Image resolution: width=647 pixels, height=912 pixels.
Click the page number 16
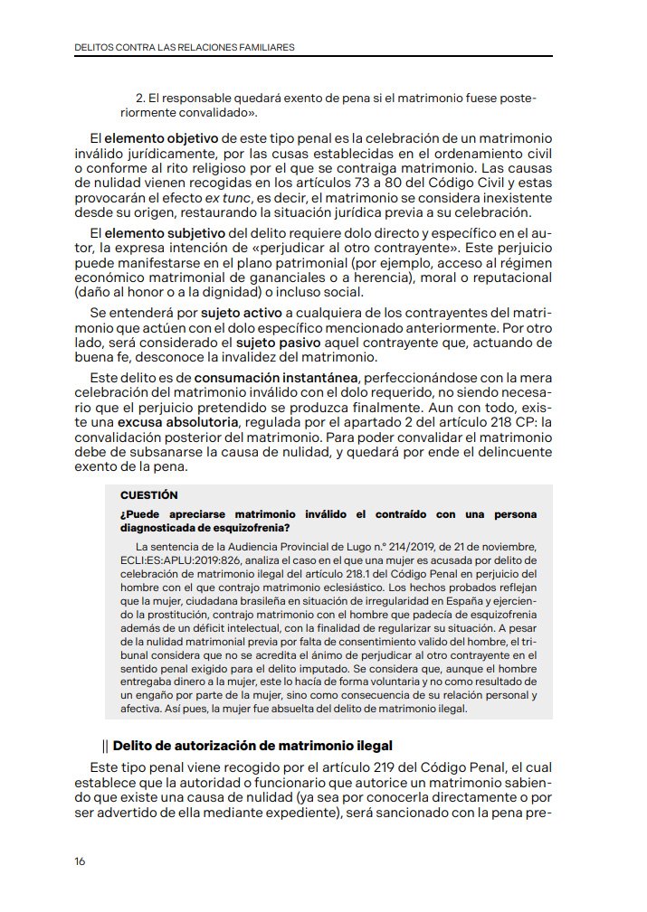click(80, 861)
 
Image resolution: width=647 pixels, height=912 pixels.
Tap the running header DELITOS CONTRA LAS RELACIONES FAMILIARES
click(184, 46)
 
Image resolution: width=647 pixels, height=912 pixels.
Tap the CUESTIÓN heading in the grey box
click(148, 494)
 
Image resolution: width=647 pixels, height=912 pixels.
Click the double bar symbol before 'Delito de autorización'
click(106, 746)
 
